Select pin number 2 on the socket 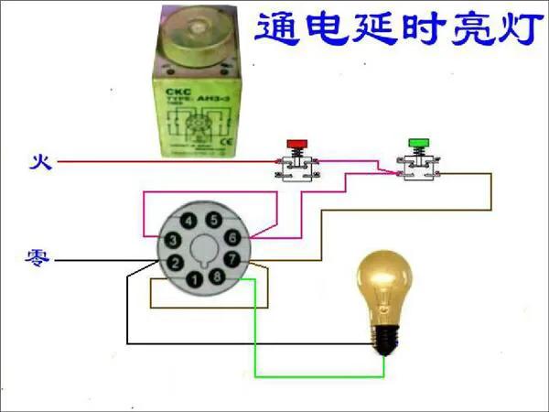[x=172, y=262]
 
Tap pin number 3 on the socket [x=170, y=239]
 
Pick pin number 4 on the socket [x=188, y=221]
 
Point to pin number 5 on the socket [x=213, y=220]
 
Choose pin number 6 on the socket [x=232, y=237]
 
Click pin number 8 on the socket [x=216, y=276]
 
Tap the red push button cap [x=297, y=144]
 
